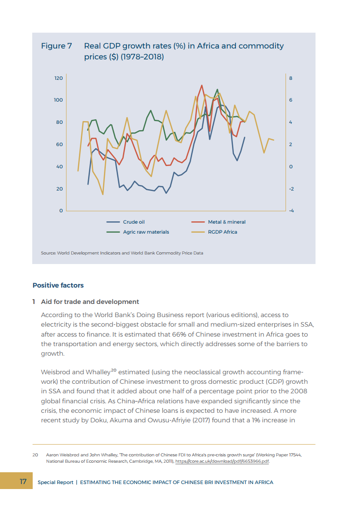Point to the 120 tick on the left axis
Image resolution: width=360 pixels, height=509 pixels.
(x=59, y=78)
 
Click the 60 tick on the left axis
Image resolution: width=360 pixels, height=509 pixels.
(x=59, y=145)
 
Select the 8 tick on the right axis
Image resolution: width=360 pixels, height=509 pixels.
(x=291, y=78)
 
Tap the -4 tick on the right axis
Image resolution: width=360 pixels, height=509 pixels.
(x=291, y=211)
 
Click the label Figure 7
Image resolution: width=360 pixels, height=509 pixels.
(x=56, y=46)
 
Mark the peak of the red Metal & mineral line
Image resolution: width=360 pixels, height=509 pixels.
(x=202, y=85)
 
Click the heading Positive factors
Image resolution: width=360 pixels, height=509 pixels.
(x=58, y=285)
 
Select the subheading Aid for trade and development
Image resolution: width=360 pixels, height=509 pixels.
(x=96, y=302)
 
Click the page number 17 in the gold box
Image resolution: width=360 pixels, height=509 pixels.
(x=23, y=481)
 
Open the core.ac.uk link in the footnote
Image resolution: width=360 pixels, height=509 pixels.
(x=222, y=461)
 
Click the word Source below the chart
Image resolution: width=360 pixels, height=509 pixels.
(x=48, y=253)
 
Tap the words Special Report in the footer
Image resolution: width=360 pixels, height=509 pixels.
(x=55, y=482)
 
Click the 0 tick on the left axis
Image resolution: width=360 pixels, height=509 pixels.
(x=61, y=211)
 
